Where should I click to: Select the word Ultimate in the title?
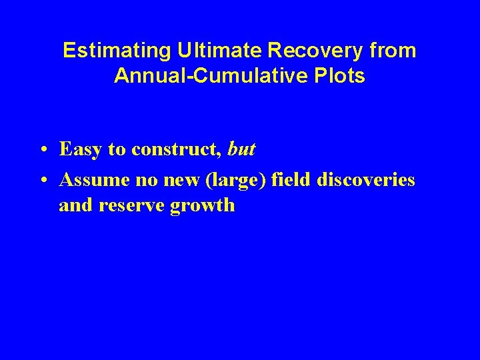(205, 51)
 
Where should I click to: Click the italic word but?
(241, 150)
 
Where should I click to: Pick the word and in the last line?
(76, 205)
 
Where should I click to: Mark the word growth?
(203, 205)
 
